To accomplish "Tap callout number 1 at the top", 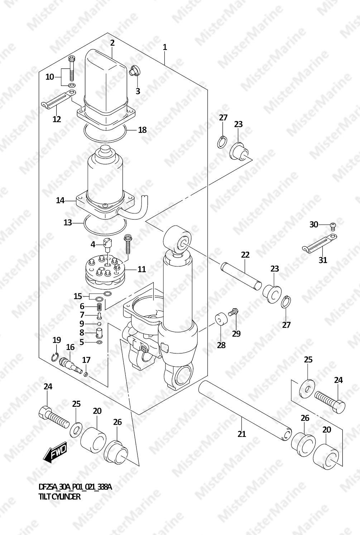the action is [165, 47].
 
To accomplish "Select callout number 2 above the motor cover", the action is [112, 43].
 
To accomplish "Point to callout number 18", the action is [142, 130].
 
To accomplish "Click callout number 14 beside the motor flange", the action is [60, 201].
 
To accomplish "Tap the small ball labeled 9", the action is [99, 324].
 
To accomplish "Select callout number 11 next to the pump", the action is [141, 269].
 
